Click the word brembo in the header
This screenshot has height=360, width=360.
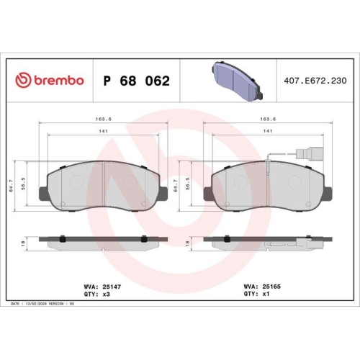coord(58,80)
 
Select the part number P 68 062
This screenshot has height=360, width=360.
coord(137,80)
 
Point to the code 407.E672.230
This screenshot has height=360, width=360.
coord(315,80)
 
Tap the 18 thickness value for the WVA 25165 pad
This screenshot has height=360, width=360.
coord(189,243)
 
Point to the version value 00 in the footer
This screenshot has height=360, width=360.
coord(71,305)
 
